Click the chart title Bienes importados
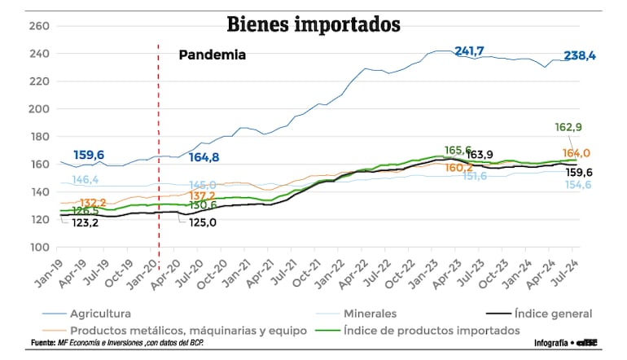[x=313, y=24]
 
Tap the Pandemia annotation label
[x=213, y=56]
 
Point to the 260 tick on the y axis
[x=40, y=26]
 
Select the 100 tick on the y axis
[x=40, y=247]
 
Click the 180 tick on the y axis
[x=40, y=137]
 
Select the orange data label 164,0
[x=577, y=153]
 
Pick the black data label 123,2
[x=85, y=222]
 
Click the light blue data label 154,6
[x=579, y=186]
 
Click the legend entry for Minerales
[x=370, y=313]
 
